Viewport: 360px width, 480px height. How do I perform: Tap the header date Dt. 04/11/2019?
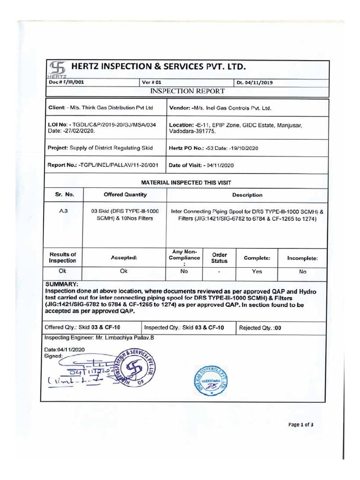click(x=255, y=82)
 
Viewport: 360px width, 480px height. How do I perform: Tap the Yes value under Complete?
click(x=256, y=271)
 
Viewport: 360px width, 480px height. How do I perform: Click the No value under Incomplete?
click(x=302, y=271)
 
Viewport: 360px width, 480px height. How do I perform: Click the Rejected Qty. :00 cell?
click(x=260, y=328)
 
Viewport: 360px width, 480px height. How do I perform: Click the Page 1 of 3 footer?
click(x=300, y=425)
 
